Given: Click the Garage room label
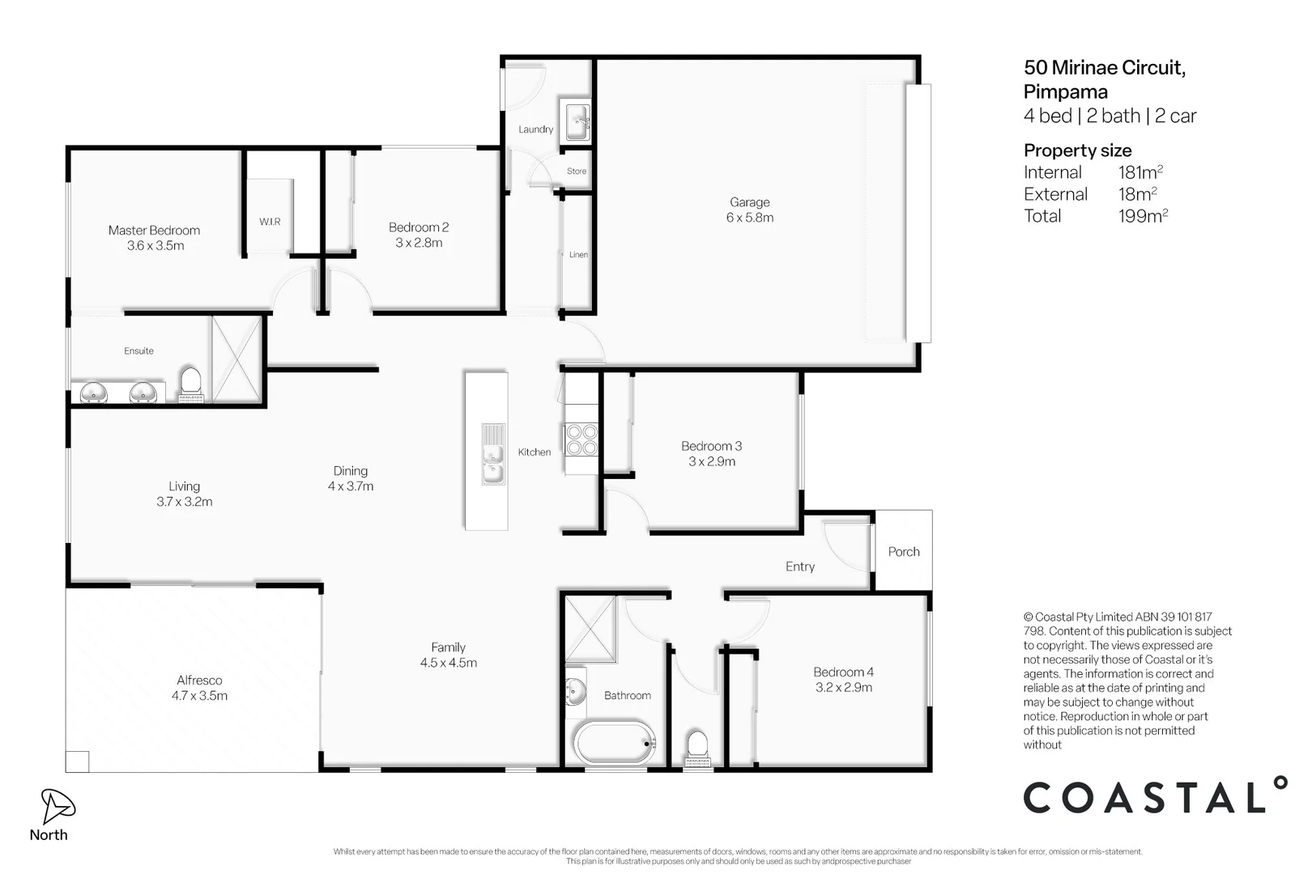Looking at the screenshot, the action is (749, 202).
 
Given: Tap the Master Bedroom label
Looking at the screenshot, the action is (154, 230).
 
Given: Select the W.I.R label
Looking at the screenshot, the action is (270, 221).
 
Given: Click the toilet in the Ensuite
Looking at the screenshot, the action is (190, 384).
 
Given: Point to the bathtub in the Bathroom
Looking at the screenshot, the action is (615, 743).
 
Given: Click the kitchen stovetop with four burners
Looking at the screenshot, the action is (581, 439).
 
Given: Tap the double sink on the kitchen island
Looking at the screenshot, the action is (492, 454).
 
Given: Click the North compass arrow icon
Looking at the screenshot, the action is (56, 806).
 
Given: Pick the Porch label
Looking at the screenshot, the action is (903, 551).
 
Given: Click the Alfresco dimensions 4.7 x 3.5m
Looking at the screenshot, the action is (199, 695).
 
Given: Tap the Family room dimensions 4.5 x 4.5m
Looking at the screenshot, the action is (448, 663).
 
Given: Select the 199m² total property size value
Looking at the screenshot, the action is (1143, 215).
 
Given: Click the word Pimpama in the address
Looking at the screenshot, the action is (1066, 92).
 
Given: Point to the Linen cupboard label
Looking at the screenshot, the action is (578, 255).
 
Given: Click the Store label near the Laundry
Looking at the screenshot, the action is (577, 171).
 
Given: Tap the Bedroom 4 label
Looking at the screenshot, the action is (843, 672).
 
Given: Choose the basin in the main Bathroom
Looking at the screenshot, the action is (575, 692).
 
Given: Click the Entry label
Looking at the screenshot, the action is (799, 566).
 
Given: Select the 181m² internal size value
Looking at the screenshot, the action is (1140, 172).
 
